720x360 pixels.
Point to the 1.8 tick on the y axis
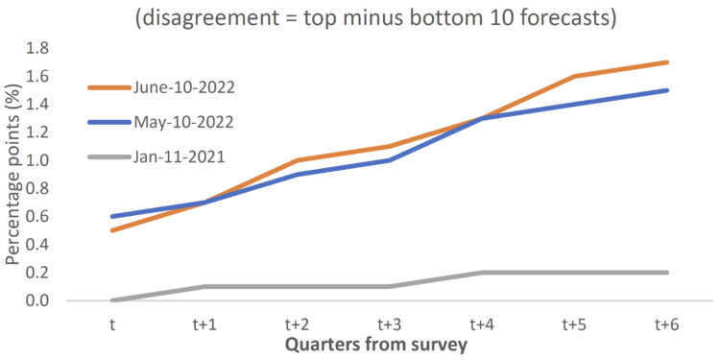coord(38,48)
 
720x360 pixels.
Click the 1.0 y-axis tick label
coord(38,160)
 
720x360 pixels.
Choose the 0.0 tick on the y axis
coord(38,300)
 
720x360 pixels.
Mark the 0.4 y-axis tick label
coord(38,245)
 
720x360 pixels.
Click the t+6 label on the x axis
coord(668,324)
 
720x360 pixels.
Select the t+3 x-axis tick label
coord(389,324)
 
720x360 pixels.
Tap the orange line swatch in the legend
coord(109,86)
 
